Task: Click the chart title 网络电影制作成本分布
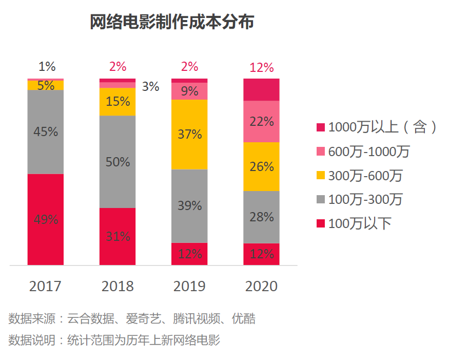point(172,22)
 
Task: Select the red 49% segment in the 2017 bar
point(46,219)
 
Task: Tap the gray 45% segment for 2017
point(46,132)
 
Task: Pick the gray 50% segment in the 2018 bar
point(118,162)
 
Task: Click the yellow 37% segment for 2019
point(189,134)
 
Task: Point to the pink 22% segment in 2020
point(261,122)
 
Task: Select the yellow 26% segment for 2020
point(261,166)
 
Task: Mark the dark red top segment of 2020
point(261,90)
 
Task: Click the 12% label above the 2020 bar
point(261,67)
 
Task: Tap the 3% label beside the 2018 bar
point(150,87)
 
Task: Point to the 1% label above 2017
point(47,66)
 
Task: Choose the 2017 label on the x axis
point(45,286)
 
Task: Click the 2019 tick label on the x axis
point(189,286)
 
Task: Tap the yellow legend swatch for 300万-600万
point(321,176)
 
